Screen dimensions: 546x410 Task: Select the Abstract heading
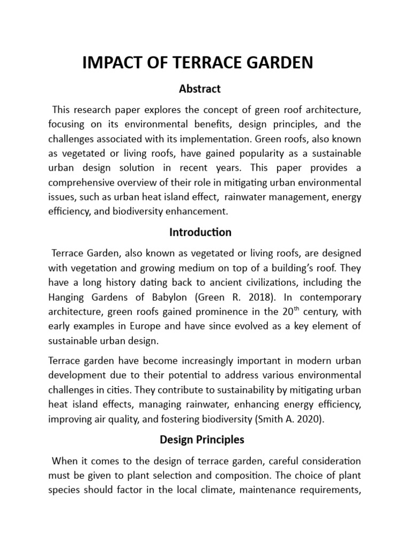[x=200, y=89]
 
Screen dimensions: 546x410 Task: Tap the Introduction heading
[x=200, y=232]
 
